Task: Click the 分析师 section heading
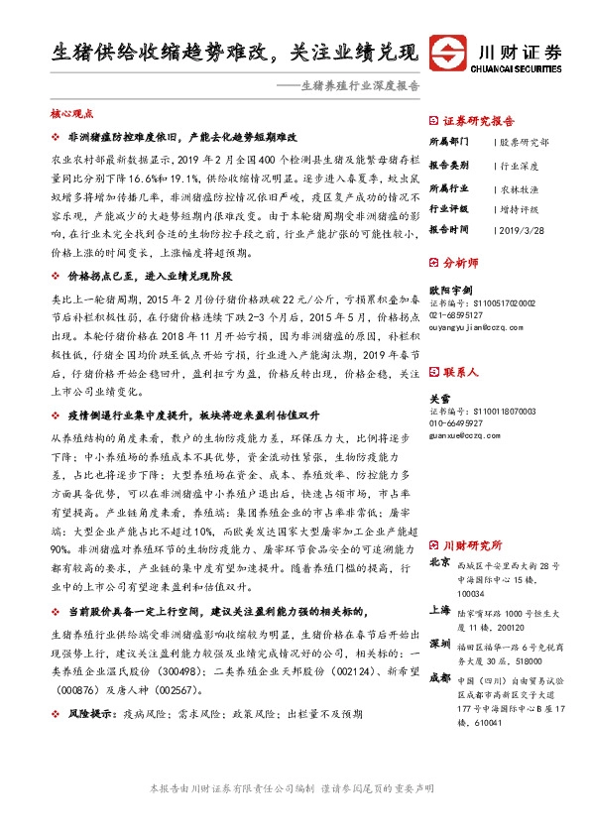tap(460, 264)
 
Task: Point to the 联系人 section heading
tap(460, 372)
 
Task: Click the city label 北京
tap(439, 563)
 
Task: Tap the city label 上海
tap(439, 612)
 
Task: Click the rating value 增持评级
tap(519, 209)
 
